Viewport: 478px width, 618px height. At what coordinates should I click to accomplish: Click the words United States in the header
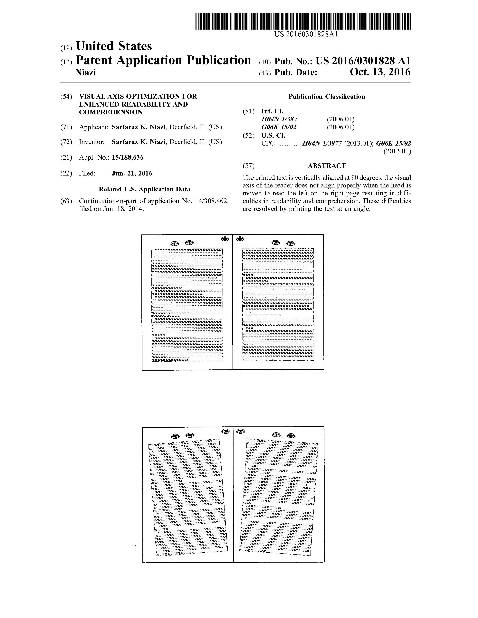[x=114, y=46]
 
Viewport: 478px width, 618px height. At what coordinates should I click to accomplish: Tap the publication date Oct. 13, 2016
[x=380, y=72]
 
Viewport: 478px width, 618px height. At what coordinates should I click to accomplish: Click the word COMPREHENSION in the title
[x=111, y=112]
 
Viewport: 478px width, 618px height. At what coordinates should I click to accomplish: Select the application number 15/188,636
[x=127, y=158]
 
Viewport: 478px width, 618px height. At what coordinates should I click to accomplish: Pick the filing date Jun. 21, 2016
[x=132, y=173]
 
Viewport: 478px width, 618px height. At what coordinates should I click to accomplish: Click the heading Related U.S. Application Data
[x=144, y=189]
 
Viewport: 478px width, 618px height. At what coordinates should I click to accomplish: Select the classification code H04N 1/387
[x=280, y=119]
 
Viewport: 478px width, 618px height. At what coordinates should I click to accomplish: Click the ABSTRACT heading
[x=327, y=166]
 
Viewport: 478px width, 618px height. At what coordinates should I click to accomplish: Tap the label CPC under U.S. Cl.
[x=268, y=143]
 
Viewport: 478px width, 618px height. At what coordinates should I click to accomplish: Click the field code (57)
[x=249, y=166]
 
